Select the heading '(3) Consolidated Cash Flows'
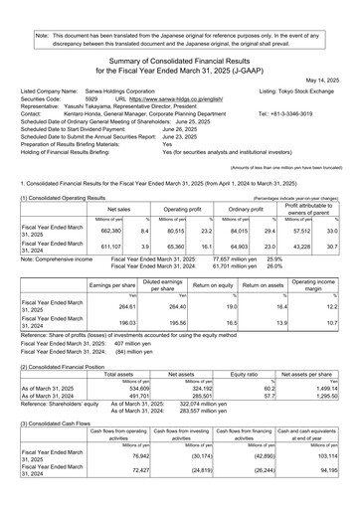pyautogui.click(x=53, y=437)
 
